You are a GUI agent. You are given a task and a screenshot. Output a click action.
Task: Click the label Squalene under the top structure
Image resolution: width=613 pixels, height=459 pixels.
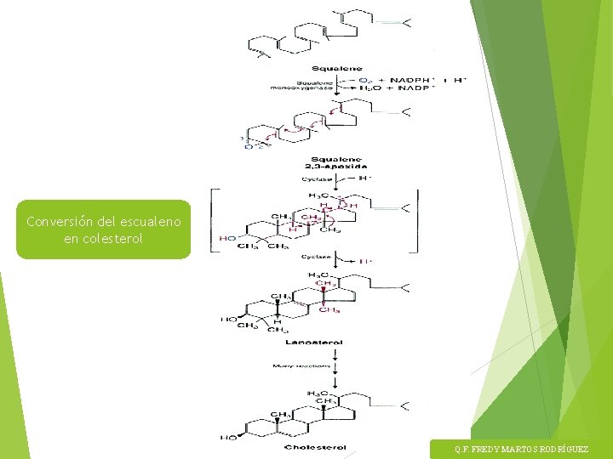click(337, 68)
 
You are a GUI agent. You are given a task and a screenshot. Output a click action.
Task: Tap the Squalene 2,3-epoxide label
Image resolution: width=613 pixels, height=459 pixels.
click(337, 162)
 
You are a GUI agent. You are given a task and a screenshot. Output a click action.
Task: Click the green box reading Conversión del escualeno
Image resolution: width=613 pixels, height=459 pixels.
click(103, 229)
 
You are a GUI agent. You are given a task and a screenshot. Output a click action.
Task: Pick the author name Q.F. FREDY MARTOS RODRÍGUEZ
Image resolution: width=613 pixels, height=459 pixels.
click(520, 449)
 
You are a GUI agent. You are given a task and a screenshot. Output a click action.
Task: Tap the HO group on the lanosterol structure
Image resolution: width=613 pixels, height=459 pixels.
click(228, 320)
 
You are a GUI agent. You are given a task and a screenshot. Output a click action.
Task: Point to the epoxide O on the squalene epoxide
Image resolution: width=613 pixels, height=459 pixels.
click(249, 146)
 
